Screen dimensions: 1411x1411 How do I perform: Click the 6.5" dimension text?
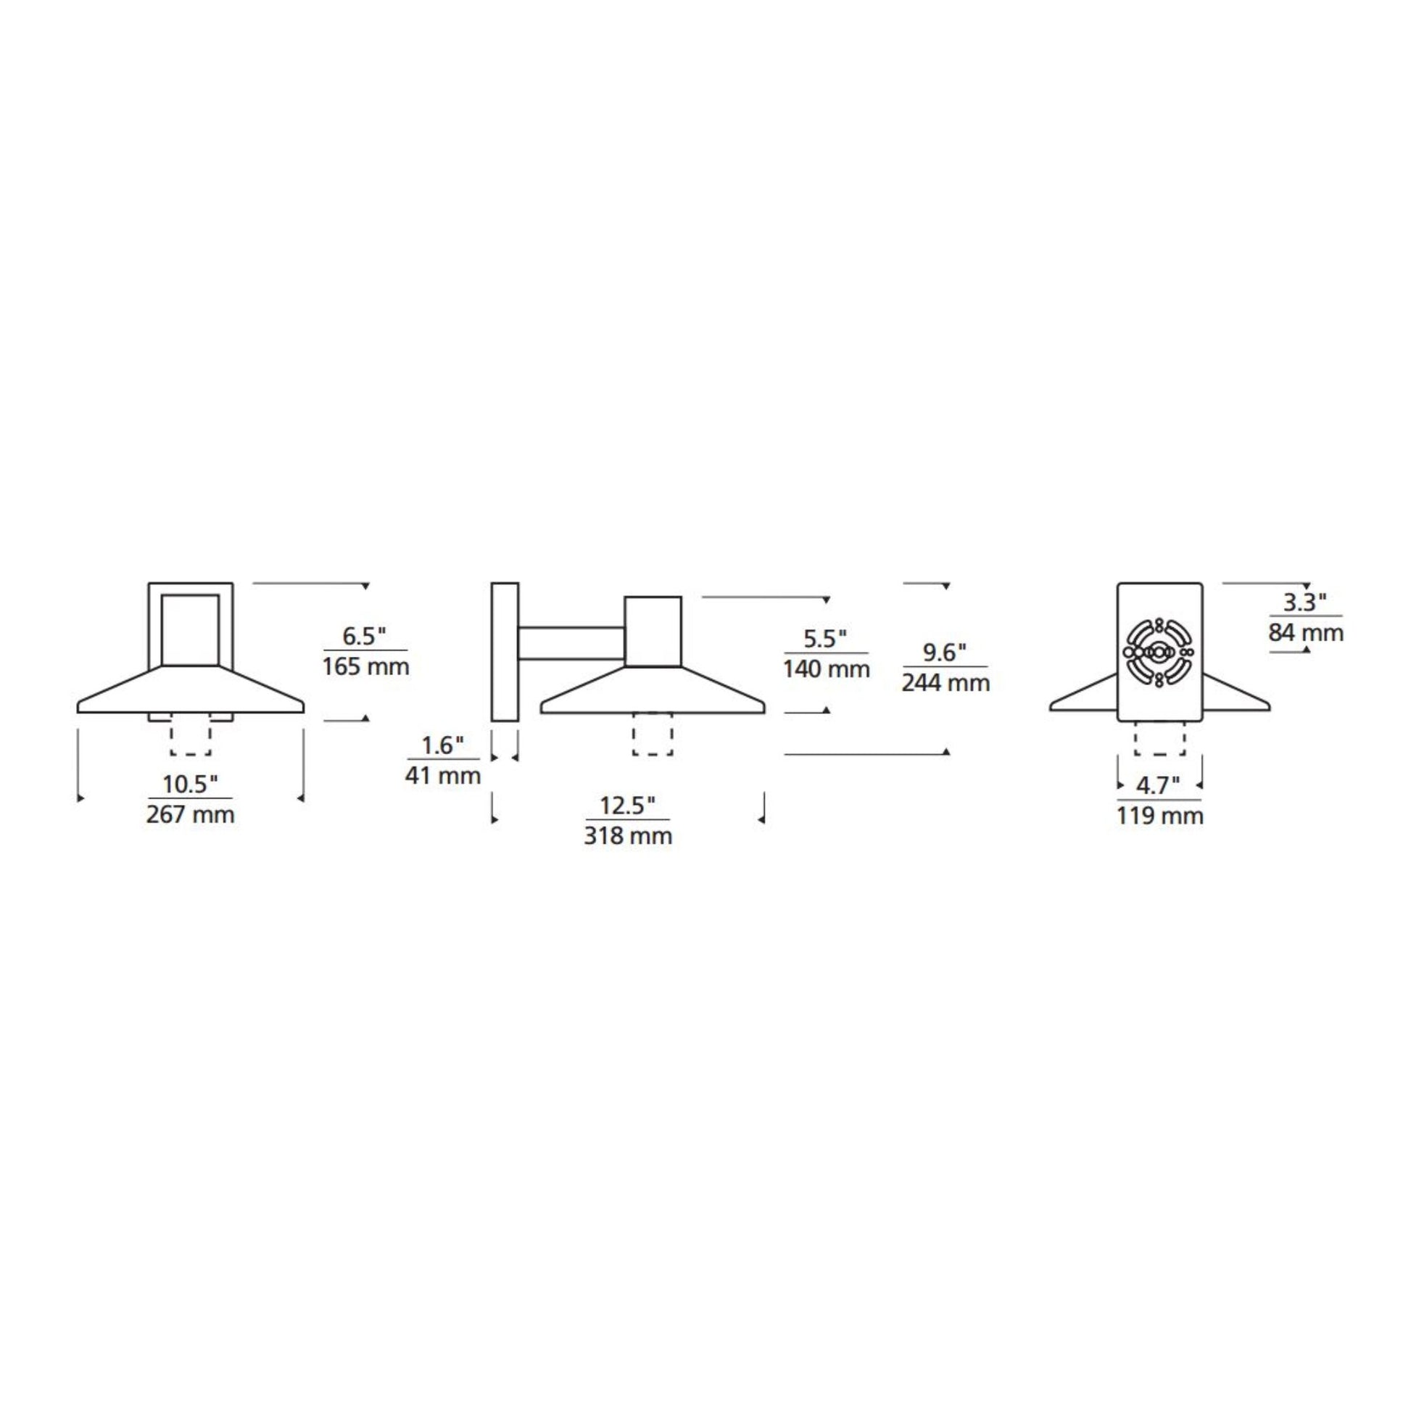[365, 636]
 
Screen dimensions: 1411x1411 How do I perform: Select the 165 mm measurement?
[366, 667]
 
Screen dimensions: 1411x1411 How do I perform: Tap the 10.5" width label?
[190, 785]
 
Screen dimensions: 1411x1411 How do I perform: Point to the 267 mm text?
[191, 814]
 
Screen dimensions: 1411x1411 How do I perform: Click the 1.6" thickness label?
[442, 745]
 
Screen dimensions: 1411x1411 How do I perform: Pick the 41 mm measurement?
[443, 776]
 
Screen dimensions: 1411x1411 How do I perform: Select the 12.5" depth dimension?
[628, 806]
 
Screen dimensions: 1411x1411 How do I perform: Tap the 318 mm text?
[628, 835]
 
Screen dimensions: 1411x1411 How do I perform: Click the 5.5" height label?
[825, 638]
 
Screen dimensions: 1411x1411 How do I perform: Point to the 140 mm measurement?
[827, 669]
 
